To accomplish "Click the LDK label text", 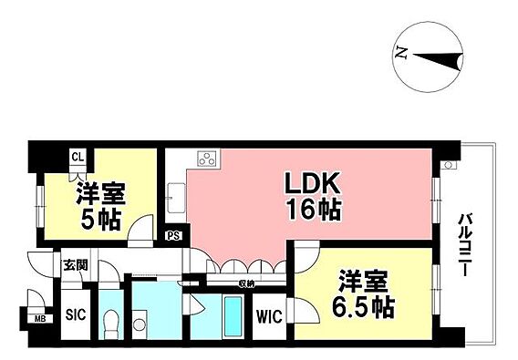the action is point(313,183).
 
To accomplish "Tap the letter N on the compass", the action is point(401,53).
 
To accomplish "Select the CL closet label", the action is point(78,156).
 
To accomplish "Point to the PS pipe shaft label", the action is point(173,236).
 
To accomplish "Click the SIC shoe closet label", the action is point(76,314).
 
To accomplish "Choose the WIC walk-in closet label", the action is point(270,317).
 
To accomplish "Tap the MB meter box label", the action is point(40,319).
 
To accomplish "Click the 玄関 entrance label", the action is point(76,265).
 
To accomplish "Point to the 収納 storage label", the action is point(246,283).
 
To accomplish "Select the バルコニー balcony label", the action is point(465,245).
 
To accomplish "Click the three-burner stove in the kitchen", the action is point(208,159).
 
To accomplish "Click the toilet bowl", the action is point(111,324).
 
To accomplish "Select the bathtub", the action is point(233,317).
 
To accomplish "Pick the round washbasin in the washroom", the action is point(140,324).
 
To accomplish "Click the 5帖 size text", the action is point(100,220).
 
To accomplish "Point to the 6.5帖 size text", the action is point(363,307).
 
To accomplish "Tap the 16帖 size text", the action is point(314,210).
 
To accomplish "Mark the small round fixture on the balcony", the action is point(449,165).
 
